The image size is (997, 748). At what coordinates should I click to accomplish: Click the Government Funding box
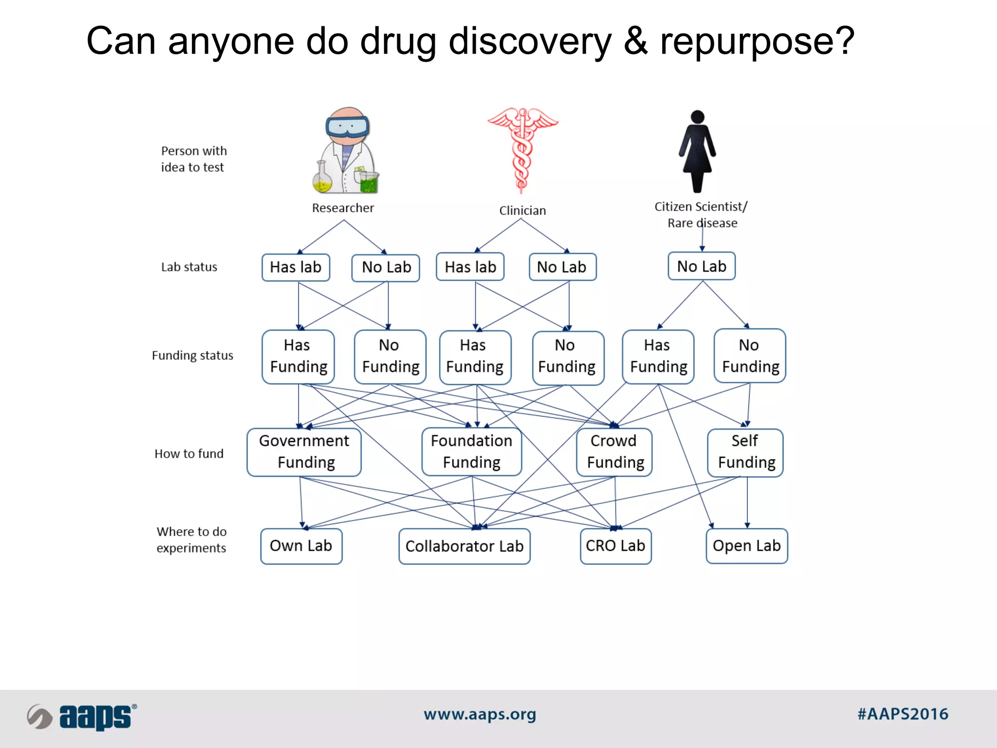coord(304,452)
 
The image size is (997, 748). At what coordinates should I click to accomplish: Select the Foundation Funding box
coord(471,452)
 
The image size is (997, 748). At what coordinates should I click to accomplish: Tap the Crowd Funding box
coord(614,452)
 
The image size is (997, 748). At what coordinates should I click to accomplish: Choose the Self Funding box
coord(745,452)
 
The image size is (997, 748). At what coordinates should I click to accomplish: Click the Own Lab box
coord(301,546)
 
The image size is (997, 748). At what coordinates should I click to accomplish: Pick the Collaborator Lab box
coord(464,546)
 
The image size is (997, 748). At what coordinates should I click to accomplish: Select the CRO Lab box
coord(615,546)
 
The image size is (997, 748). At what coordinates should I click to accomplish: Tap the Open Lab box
coord(746,546)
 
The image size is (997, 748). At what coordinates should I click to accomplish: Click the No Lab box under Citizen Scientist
coord(702,266)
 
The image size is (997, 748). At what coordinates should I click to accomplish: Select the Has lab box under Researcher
coord(295,267)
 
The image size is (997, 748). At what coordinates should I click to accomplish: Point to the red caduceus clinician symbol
coord(522,149)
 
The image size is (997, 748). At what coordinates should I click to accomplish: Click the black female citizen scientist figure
coord(698,151)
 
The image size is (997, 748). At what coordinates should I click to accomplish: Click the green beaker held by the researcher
coord(369,183)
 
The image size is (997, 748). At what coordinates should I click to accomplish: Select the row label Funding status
coord(192,355)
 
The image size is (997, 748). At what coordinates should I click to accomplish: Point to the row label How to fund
coord(189,454)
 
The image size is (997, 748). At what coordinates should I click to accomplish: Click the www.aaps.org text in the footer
coord(480,714)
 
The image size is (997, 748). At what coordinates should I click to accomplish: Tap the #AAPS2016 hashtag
coord(903,714)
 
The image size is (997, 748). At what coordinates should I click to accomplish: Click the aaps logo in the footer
coord(82,717)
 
